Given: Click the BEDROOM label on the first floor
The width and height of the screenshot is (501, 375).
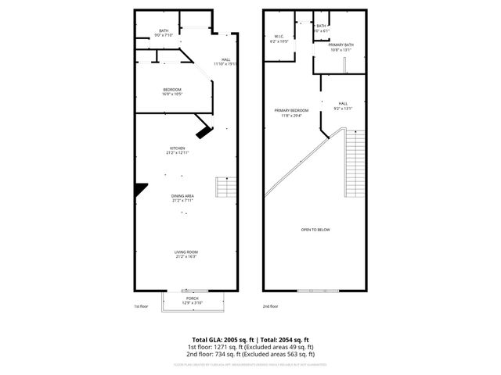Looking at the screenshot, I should tap(172, 90).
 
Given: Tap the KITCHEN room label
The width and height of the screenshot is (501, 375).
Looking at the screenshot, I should tap(178, 148).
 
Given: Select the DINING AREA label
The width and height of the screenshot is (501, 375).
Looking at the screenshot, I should tap(182, 195).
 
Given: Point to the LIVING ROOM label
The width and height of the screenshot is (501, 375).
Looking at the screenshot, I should tap(186, 252).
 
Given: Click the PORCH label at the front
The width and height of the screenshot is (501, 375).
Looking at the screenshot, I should tap(193, 299).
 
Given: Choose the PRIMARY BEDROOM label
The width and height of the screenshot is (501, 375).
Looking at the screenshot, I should tap(291, 110).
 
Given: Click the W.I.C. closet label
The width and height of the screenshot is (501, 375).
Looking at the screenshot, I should tap(279, 36).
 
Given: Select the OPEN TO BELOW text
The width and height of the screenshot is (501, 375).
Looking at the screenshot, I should tap(315, 229).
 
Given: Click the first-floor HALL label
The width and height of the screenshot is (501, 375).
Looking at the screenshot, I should tap(225, 60).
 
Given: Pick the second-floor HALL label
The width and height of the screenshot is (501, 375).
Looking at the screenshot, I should tap(343, 103).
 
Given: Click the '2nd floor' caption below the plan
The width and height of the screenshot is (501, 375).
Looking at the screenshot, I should tap(270, 305).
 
